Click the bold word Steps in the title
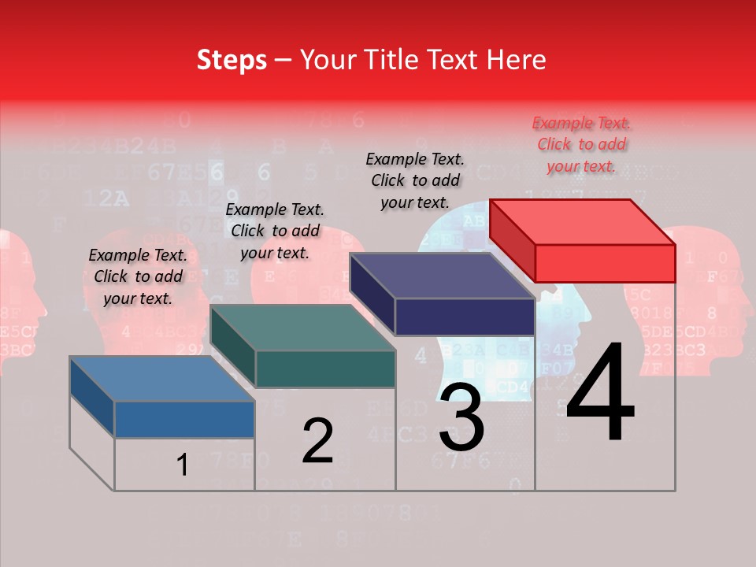232,60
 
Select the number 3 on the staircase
461,417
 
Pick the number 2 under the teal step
318,441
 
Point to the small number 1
183,465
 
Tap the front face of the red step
605,263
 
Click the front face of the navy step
465,317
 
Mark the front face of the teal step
325,369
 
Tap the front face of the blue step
184,419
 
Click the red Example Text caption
581,145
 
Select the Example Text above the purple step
415,180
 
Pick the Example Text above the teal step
275,231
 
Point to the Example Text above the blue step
138,276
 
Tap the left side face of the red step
512,240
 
